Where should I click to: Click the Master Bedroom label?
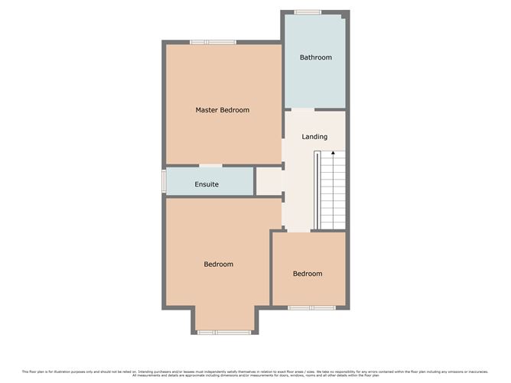point(222,110)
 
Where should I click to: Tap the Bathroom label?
point(315,57)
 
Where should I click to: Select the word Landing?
point(314,137)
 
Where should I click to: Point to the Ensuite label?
point(207,184)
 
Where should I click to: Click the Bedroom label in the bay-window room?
point(218,265)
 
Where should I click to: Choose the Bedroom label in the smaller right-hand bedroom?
point(308,274)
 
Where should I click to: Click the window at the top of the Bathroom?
point(308,11)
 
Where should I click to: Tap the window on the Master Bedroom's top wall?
point(213,41)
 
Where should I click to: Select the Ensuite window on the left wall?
point(163,180)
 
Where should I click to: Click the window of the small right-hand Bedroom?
point(311,307)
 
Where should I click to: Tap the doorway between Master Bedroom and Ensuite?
point(211,165)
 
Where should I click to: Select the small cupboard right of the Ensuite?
point(268,181)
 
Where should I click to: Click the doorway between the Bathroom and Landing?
point(300,110)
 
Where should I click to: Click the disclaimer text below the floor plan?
point(255,372)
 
